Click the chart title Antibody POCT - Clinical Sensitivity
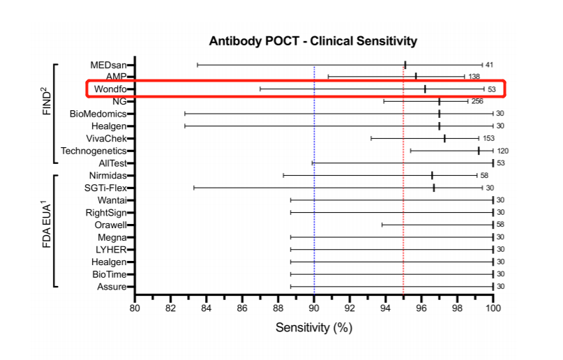313,41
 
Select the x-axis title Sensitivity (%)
314,328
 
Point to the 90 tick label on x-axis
314,308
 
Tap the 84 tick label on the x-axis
206,308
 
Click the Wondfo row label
110,89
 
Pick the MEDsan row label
108,65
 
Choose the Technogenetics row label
93,151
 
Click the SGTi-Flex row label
105,188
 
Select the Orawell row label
111,225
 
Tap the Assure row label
112,287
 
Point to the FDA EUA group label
47,226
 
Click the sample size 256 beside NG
477,101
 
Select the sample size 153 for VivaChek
488,139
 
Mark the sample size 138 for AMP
474,77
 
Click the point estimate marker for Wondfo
425,89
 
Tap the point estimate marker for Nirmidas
432,176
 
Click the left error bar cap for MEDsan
197,65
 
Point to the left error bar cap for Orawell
382,225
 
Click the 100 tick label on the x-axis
493,308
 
